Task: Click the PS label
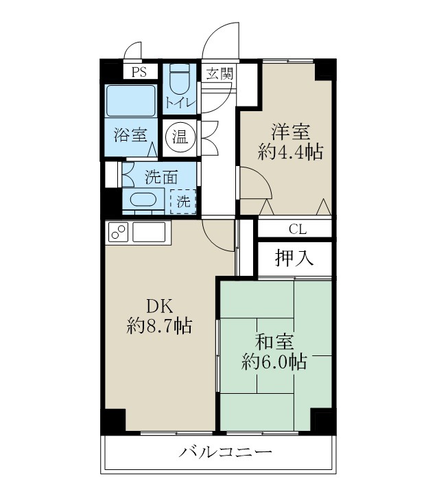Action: (139, 72)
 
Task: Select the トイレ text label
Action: (180, 103)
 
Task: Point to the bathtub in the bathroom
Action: (131, 101)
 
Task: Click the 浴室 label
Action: (130, 135)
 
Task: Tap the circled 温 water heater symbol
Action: (180, 136)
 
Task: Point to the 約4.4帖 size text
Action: (290, 152)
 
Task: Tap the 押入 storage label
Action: (295, 258)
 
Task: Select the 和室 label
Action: (274, 340)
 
